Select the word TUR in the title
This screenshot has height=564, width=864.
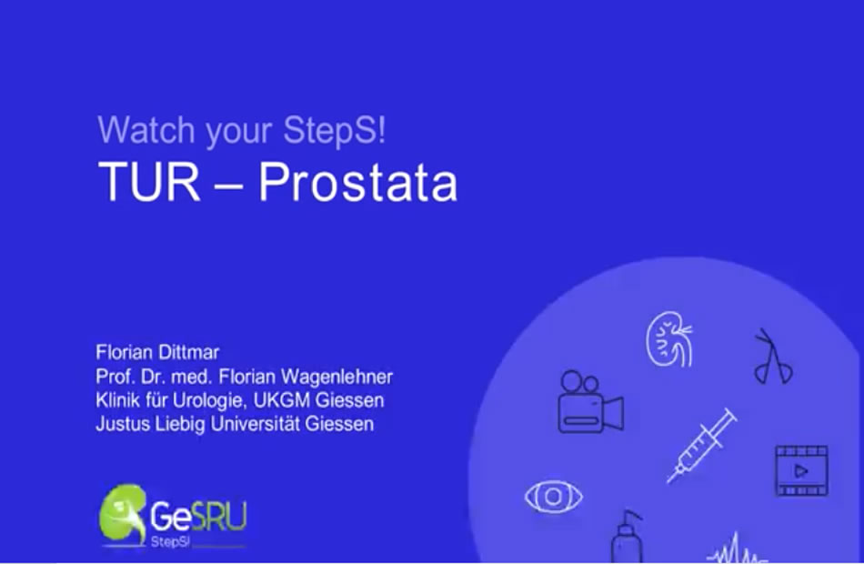click(x=149, y=182)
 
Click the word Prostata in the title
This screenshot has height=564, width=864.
click(x=358, y=182)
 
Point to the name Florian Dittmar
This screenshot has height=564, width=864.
click(x=157, y=352)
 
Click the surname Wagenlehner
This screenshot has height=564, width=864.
click(x=337, y=377)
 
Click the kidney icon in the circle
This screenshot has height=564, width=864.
click(x=669, y=339)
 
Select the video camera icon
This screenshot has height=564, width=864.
click(x=590, y=402)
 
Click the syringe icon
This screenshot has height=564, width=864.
click(x=701, y=446)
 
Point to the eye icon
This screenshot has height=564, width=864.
click(x=554, y=497)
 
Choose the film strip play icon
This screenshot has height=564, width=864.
click(x=802, y=471)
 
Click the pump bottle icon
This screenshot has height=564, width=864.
click(x=627, y=537)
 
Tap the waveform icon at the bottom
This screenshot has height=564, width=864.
click(x=735, y=549)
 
